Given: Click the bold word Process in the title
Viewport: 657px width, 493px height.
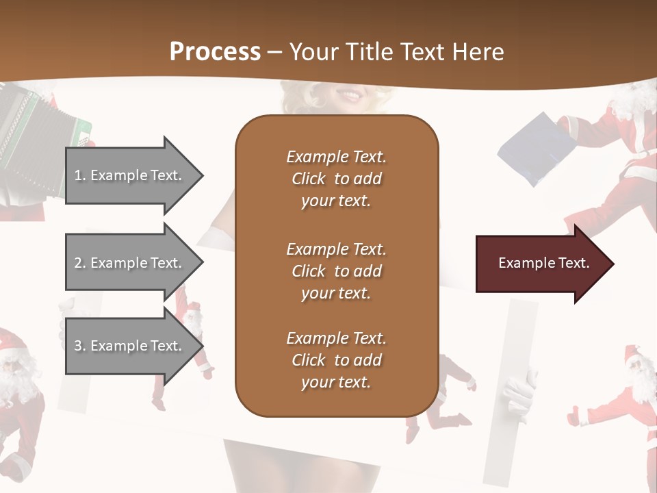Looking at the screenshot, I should [215, 52].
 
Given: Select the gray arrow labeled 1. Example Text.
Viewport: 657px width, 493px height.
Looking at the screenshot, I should [130, 175].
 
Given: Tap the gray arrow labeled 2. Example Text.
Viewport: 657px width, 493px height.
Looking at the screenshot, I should [130, 263].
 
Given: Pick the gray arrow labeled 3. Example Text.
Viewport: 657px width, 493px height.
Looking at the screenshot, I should [130, 346].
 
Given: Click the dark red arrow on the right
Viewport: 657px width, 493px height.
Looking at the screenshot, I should [541, 264].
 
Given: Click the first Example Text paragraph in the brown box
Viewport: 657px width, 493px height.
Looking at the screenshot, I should [336, 179].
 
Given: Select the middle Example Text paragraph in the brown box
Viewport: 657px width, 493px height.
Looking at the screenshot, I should [336, 270].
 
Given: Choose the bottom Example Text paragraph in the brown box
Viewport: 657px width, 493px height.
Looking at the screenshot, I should [336, 360].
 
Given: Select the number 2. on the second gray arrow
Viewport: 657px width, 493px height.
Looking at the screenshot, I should [80, 263].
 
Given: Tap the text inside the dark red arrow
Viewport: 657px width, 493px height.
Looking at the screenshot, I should [543, 263].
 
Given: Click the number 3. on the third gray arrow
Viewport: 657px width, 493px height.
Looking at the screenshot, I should [80, 346].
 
